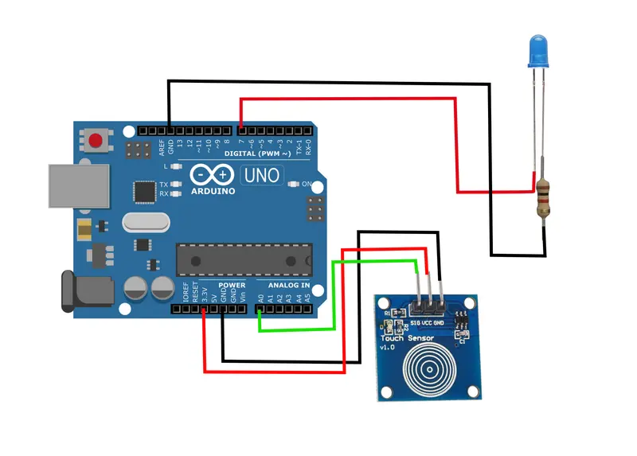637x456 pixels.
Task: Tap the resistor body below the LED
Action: click(543, 198)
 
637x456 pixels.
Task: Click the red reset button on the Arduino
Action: click(97, 142)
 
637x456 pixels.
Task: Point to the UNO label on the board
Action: click(262, 173)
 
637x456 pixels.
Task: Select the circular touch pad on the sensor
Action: click(430, 368)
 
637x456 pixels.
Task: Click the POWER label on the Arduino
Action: click(232, 285)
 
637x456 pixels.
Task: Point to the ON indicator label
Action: click(307, 184)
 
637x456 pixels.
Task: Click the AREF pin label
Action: click(161, 146)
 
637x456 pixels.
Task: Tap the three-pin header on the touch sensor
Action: click(427, 303)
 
